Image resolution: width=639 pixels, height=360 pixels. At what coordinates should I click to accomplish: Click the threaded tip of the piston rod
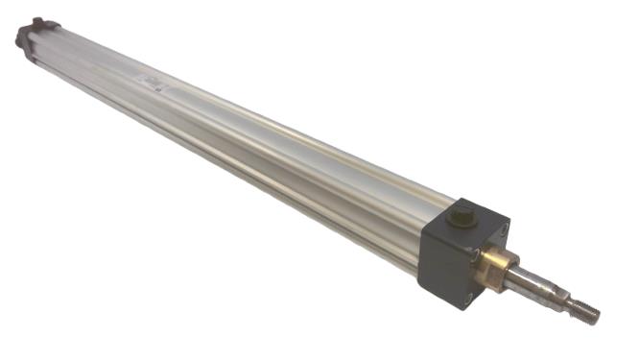[586, 308]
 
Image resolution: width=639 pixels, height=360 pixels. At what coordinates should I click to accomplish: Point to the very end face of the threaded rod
[598, 314]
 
